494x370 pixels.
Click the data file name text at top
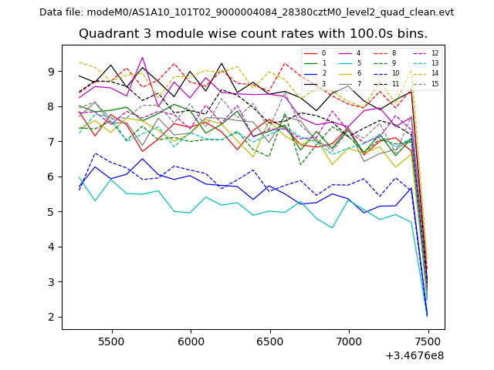tap(246, 12)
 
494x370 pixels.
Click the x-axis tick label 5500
tap(112, 341)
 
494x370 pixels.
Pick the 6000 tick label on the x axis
tap(191, 341)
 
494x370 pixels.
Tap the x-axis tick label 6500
tap(270, 341)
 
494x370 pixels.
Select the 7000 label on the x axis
tap(349, 341)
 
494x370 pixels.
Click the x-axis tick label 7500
tap(428, 341)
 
